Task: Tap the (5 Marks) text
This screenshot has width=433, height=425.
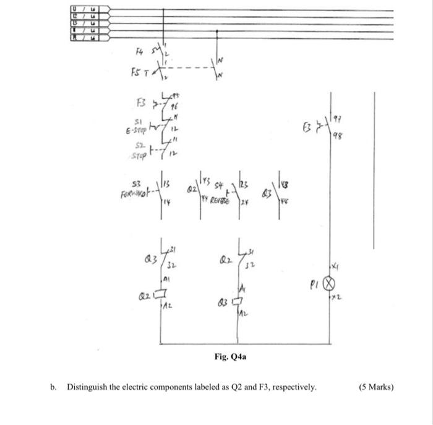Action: tap(376, 388)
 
